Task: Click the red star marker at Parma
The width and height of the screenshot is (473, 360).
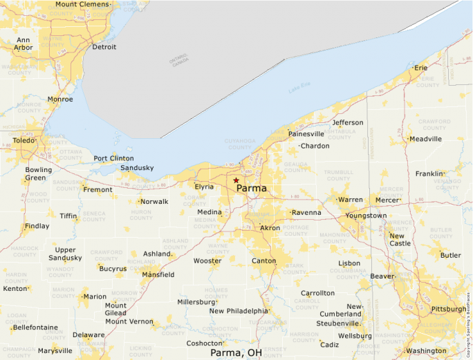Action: tap(236, 180)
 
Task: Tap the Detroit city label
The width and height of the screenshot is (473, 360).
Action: tap(104, 47)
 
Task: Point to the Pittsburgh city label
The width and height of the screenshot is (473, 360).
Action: tap(448, 309)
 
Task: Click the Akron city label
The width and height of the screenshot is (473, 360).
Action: tap(270, 227)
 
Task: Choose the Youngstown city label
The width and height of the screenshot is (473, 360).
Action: tap(366, 216)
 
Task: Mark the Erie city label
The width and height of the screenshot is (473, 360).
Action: tap(420, 68)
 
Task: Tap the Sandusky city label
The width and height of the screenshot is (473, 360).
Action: tap(137, 168)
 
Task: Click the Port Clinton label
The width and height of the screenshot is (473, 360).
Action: tap(113, 158)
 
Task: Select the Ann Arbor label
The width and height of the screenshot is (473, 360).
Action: tap(24, 44)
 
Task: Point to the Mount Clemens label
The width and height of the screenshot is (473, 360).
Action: tap(82, 4)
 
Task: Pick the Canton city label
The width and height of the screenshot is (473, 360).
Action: tap(263, 261)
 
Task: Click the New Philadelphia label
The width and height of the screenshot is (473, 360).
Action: tap(238, 311)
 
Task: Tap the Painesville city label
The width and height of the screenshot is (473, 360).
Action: tap(306, 134)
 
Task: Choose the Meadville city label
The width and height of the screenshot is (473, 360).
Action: tap(425, 139)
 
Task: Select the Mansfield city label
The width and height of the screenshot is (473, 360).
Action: tap(158, 275)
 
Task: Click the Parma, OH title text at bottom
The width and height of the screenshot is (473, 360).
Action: tap(236, 352)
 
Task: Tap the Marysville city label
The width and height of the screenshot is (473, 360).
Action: tap(55, 350)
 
